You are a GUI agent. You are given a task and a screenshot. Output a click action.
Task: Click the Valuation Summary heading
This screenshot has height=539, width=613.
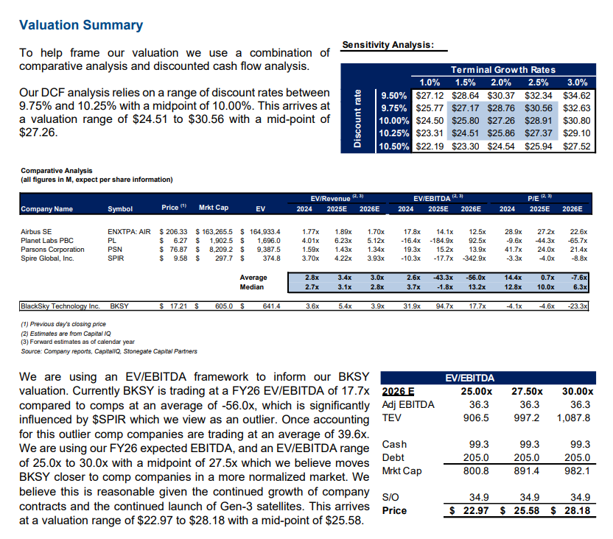[x=81, y=26]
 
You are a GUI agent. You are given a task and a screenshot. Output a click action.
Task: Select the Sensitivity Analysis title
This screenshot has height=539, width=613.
[x=388, y=46]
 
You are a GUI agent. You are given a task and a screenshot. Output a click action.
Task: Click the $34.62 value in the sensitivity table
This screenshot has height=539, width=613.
[x=576, y=96]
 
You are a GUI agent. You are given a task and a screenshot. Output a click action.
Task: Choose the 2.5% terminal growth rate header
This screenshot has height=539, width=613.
[x=539, y=82]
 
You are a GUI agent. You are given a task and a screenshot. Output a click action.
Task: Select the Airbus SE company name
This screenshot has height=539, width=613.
[x=37, y=231]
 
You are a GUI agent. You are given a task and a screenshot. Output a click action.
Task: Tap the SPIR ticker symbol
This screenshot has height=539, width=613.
[x=116, y=258]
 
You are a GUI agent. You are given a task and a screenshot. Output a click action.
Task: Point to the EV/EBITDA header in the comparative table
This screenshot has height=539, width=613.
[x=435, y=198]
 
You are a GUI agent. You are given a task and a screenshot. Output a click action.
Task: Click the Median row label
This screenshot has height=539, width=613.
[x=253, y=287]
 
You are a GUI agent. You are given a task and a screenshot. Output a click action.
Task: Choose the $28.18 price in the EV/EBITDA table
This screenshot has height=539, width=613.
[x=575, y=510]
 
